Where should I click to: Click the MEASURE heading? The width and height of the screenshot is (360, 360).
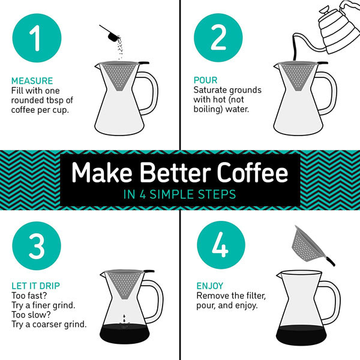pyautogui.click(x=32, y=80)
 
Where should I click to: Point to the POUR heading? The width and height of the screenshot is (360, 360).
pyautogui.click(x=205, y=80)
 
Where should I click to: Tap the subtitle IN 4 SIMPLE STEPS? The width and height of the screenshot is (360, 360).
pyautogui.click(x=179, y=194)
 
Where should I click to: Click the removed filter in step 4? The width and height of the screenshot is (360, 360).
pyautogui.click(x=307, y=246)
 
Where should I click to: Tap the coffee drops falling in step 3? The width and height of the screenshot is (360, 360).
pyautogui.click(x=124, y=320)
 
